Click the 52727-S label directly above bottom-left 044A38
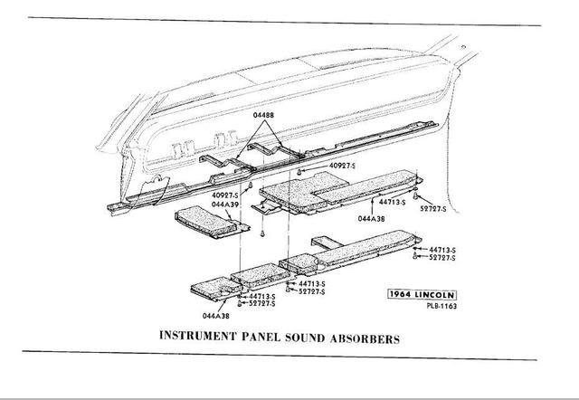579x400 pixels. tap(261, 303)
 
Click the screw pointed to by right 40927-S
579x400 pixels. tap(298, 169)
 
